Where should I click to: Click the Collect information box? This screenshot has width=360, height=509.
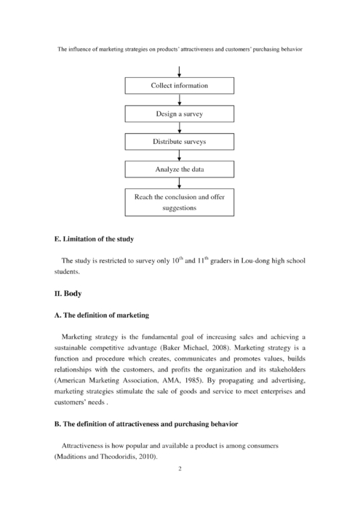180,86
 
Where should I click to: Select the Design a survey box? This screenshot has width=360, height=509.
180,115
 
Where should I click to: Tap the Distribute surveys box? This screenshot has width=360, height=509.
180,142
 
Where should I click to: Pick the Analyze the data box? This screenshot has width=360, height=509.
180,169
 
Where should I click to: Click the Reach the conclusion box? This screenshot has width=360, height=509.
180,202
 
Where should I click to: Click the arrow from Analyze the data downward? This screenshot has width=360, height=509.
180,183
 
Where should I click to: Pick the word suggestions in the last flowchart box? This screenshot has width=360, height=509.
180,208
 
